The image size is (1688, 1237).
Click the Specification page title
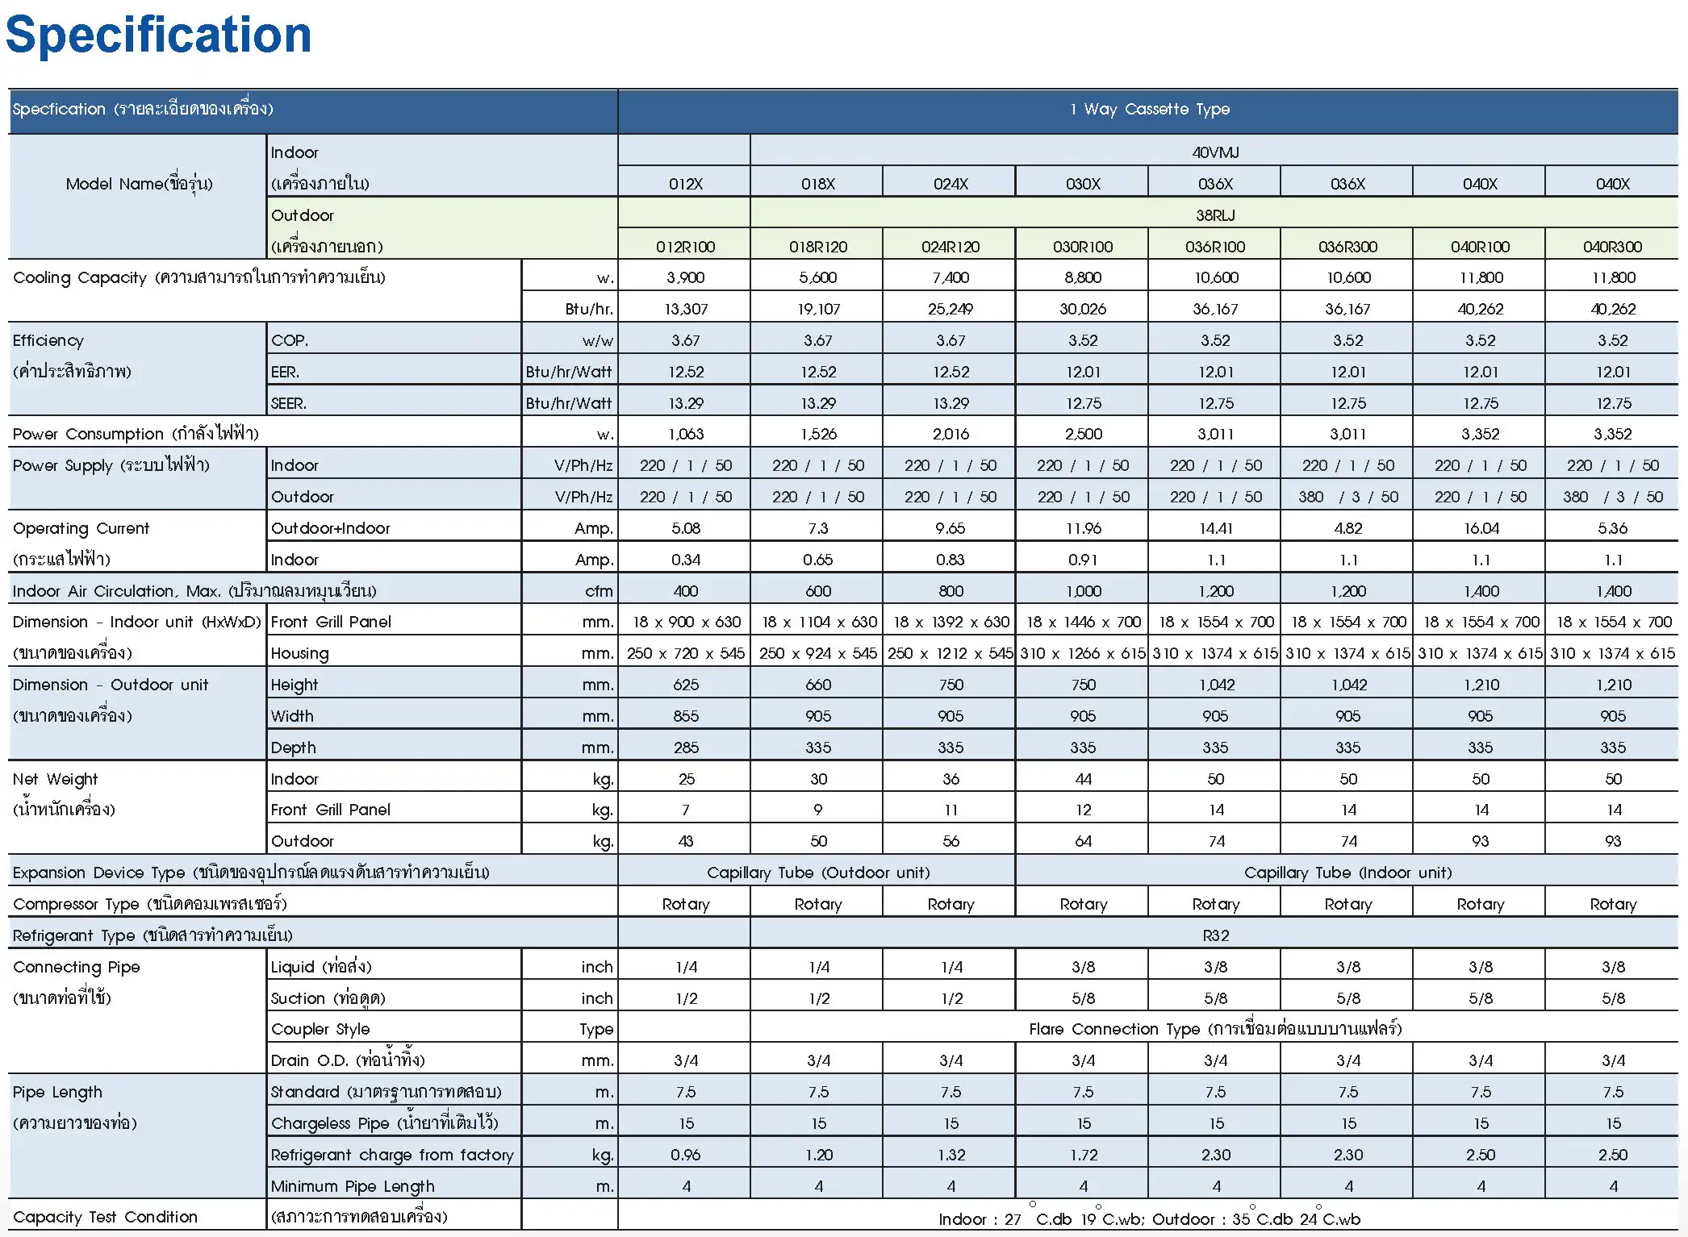click(158, 35)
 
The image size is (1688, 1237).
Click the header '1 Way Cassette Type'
click(1149, 109)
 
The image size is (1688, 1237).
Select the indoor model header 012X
click(685, 184)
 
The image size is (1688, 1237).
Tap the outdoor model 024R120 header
click(951, 247)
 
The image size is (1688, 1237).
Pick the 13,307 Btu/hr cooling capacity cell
click(685, 309)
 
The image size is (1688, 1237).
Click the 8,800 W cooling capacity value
click(1083, 277)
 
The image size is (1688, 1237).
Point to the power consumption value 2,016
click(951, 434)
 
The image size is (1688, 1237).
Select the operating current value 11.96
click(1083, 528)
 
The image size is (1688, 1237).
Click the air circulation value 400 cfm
click(685, 591)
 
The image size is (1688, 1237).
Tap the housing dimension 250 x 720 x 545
click(685, 653)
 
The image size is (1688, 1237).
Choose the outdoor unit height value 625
click(685, 685)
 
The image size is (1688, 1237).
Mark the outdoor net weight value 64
click(1083, 841)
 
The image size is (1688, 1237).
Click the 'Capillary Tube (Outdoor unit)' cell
click(817, 873)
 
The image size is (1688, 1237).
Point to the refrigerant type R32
click(1215, 935)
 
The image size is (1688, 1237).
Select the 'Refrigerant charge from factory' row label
click(392, 1155)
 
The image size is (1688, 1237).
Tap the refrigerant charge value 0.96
click(685, 1155)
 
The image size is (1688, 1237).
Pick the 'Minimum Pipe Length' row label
click(353, 1186)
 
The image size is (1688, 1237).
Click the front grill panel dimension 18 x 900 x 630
click(685, 622)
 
